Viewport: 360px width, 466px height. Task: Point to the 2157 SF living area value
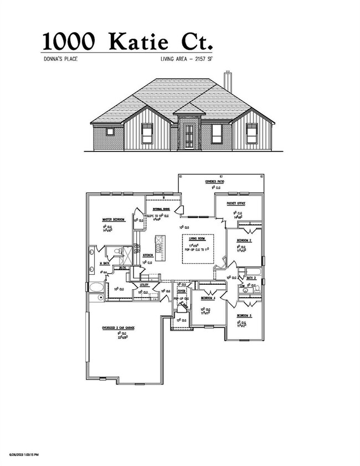tap(200, 59)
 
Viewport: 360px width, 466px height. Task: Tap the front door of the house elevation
tap(189, 137)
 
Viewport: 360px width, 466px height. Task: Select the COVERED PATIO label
tap(214, 181)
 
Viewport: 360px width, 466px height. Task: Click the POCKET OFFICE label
tap(236, 203)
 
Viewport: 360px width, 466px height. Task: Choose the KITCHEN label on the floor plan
tap(148, 255)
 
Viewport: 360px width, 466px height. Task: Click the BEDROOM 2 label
tap(245, 240)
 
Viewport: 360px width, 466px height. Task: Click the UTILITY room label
tap(143, 285)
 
